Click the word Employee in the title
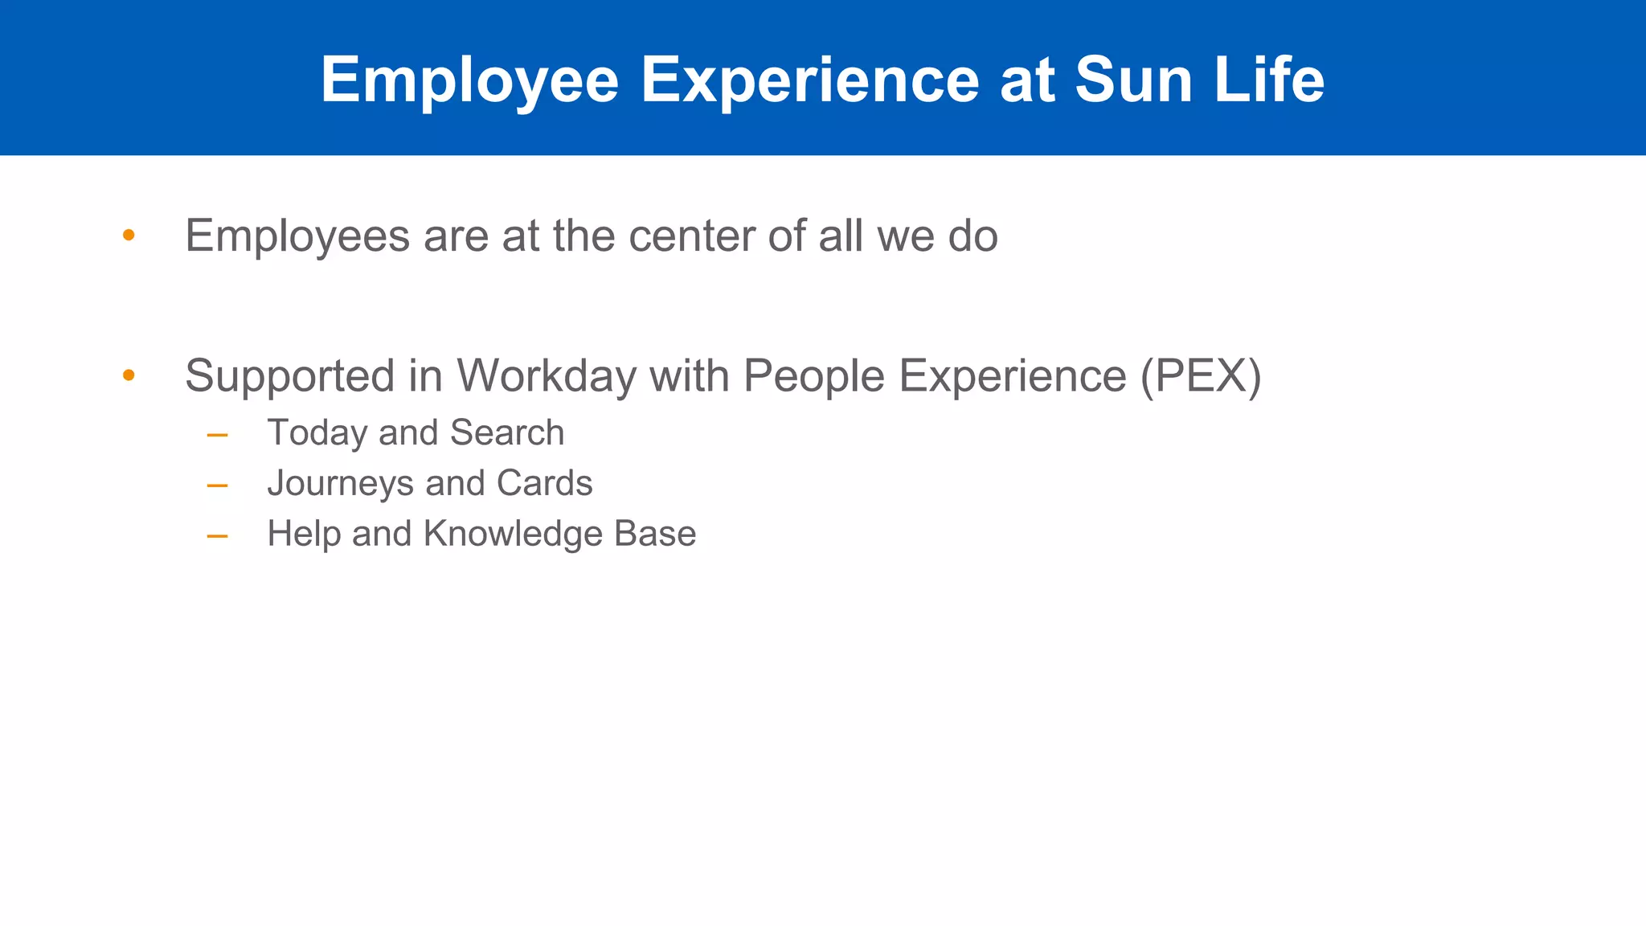pos(469,80)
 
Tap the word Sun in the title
pos(1132,80)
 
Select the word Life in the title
pos(1269,80)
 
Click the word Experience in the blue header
pos(809,80)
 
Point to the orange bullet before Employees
pos(129,236)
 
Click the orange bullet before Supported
pos(129,375)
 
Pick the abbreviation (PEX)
pos(1201,375)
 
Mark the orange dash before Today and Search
pos(217,436)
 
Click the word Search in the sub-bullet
pos(506,432)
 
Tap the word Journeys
pos(340,483)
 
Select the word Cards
pos(544,483)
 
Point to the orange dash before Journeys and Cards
pos(217,486)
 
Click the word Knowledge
pos(513,534)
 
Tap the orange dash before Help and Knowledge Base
pos(217,536)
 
